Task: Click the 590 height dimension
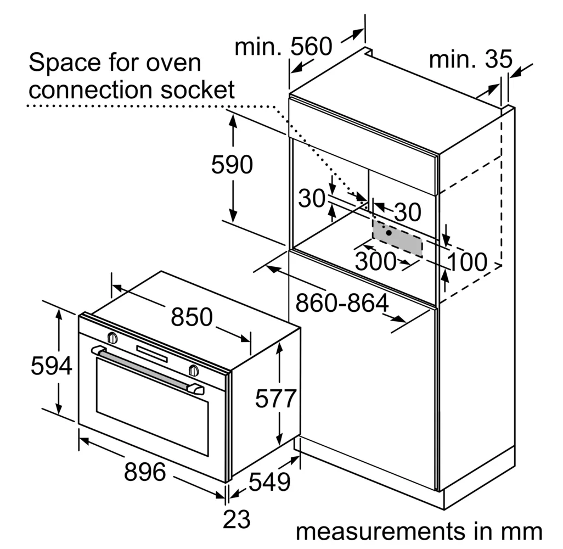(x=232, y=165)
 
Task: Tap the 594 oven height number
(x=52, y=366)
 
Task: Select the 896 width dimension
(x=145, y=472)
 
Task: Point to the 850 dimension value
(x=192, y=317)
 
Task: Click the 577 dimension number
(x=276, y=398)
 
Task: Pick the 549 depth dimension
(x=269, y=482)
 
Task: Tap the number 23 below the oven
(x=237, y=519)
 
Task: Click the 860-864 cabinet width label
(x=342, y=302)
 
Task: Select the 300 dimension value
(x=375, y=261)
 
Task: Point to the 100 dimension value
(x=468, y=261)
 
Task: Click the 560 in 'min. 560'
(x=311, y=46)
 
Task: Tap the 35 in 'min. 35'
(x=498, y=59)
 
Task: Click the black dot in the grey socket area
(x=389, y=232)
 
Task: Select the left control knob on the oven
(x=112, y=338)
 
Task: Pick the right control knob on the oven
(x=194, y=370)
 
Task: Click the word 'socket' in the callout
(x=198, y=90)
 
